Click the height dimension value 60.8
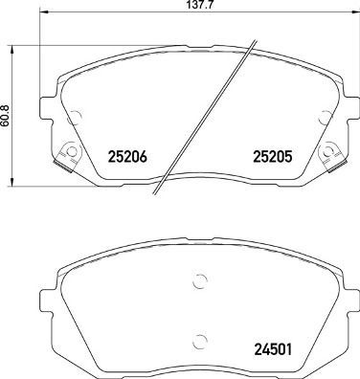point(7,115)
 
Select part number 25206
point(128,157)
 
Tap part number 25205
point(270,157)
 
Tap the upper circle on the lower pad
point(199,280)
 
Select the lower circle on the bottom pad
point(199,343)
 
